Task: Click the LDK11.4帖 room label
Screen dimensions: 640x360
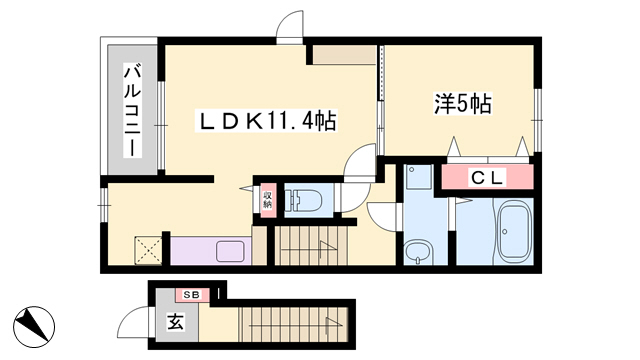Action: (267, 121)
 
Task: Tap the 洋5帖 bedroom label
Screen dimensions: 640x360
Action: (462, 104)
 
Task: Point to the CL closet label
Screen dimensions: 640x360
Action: (488, 178)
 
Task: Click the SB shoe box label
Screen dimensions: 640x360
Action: (191, 295)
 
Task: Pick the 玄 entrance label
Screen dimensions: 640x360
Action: (176, 322)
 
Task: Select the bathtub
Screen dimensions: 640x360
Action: (515, 231)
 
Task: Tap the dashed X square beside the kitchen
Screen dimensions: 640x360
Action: (148, 250)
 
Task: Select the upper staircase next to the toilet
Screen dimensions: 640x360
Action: (310, 246)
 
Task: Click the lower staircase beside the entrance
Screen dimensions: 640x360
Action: (293, 324)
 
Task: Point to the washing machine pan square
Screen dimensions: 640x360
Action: (419, 177)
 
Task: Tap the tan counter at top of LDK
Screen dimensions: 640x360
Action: (344, 55)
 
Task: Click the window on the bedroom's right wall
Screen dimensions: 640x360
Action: (538, 120)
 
